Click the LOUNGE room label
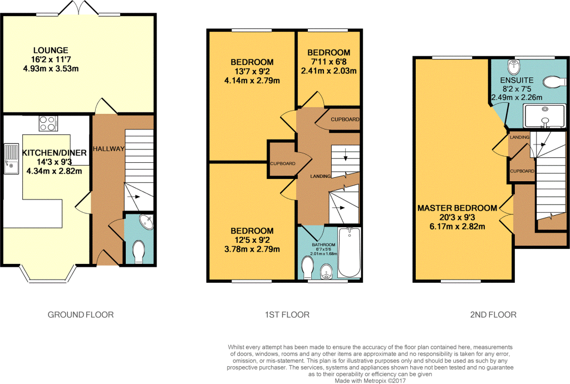pos(50,50)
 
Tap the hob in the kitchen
pos(48,122)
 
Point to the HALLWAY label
pos(109,148)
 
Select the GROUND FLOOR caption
pos(81,315)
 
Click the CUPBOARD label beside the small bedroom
pos(345,119)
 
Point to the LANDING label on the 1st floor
pos(321,176)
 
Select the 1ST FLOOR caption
pos(287,315)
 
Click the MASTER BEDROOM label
pos(457,208)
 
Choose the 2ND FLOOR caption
pos(493,315)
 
